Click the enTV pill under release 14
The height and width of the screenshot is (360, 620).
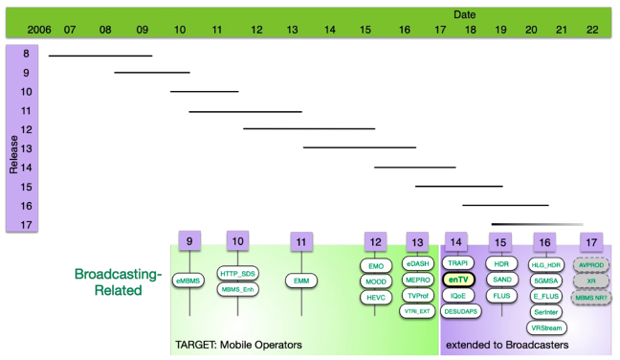457,280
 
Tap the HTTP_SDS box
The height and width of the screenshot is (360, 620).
237,273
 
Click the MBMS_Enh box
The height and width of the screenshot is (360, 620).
237,288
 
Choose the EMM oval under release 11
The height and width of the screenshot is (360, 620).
301,280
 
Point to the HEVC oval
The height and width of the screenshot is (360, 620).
375,297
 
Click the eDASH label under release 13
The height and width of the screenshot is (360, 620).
417,263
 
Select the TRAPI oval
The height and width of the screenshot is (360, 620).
457,263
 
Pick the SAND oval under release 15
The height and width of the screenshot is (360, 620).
499,280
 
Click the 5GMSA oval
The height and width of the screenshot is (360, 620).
544,280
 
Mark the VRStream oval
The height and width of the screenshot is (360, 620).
544,327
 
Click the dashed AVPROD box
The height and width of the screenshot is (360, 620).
591,264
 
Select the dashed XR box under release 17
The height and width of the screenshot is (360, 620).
591,281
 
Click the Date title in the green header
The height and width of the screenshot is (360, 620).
464,14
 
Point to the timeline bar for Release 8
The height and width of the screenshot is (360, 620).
100,56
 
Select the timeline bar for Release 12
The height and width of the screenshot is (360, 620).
308,128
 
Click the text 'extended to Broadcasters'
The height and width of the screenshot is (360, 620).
506,344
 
